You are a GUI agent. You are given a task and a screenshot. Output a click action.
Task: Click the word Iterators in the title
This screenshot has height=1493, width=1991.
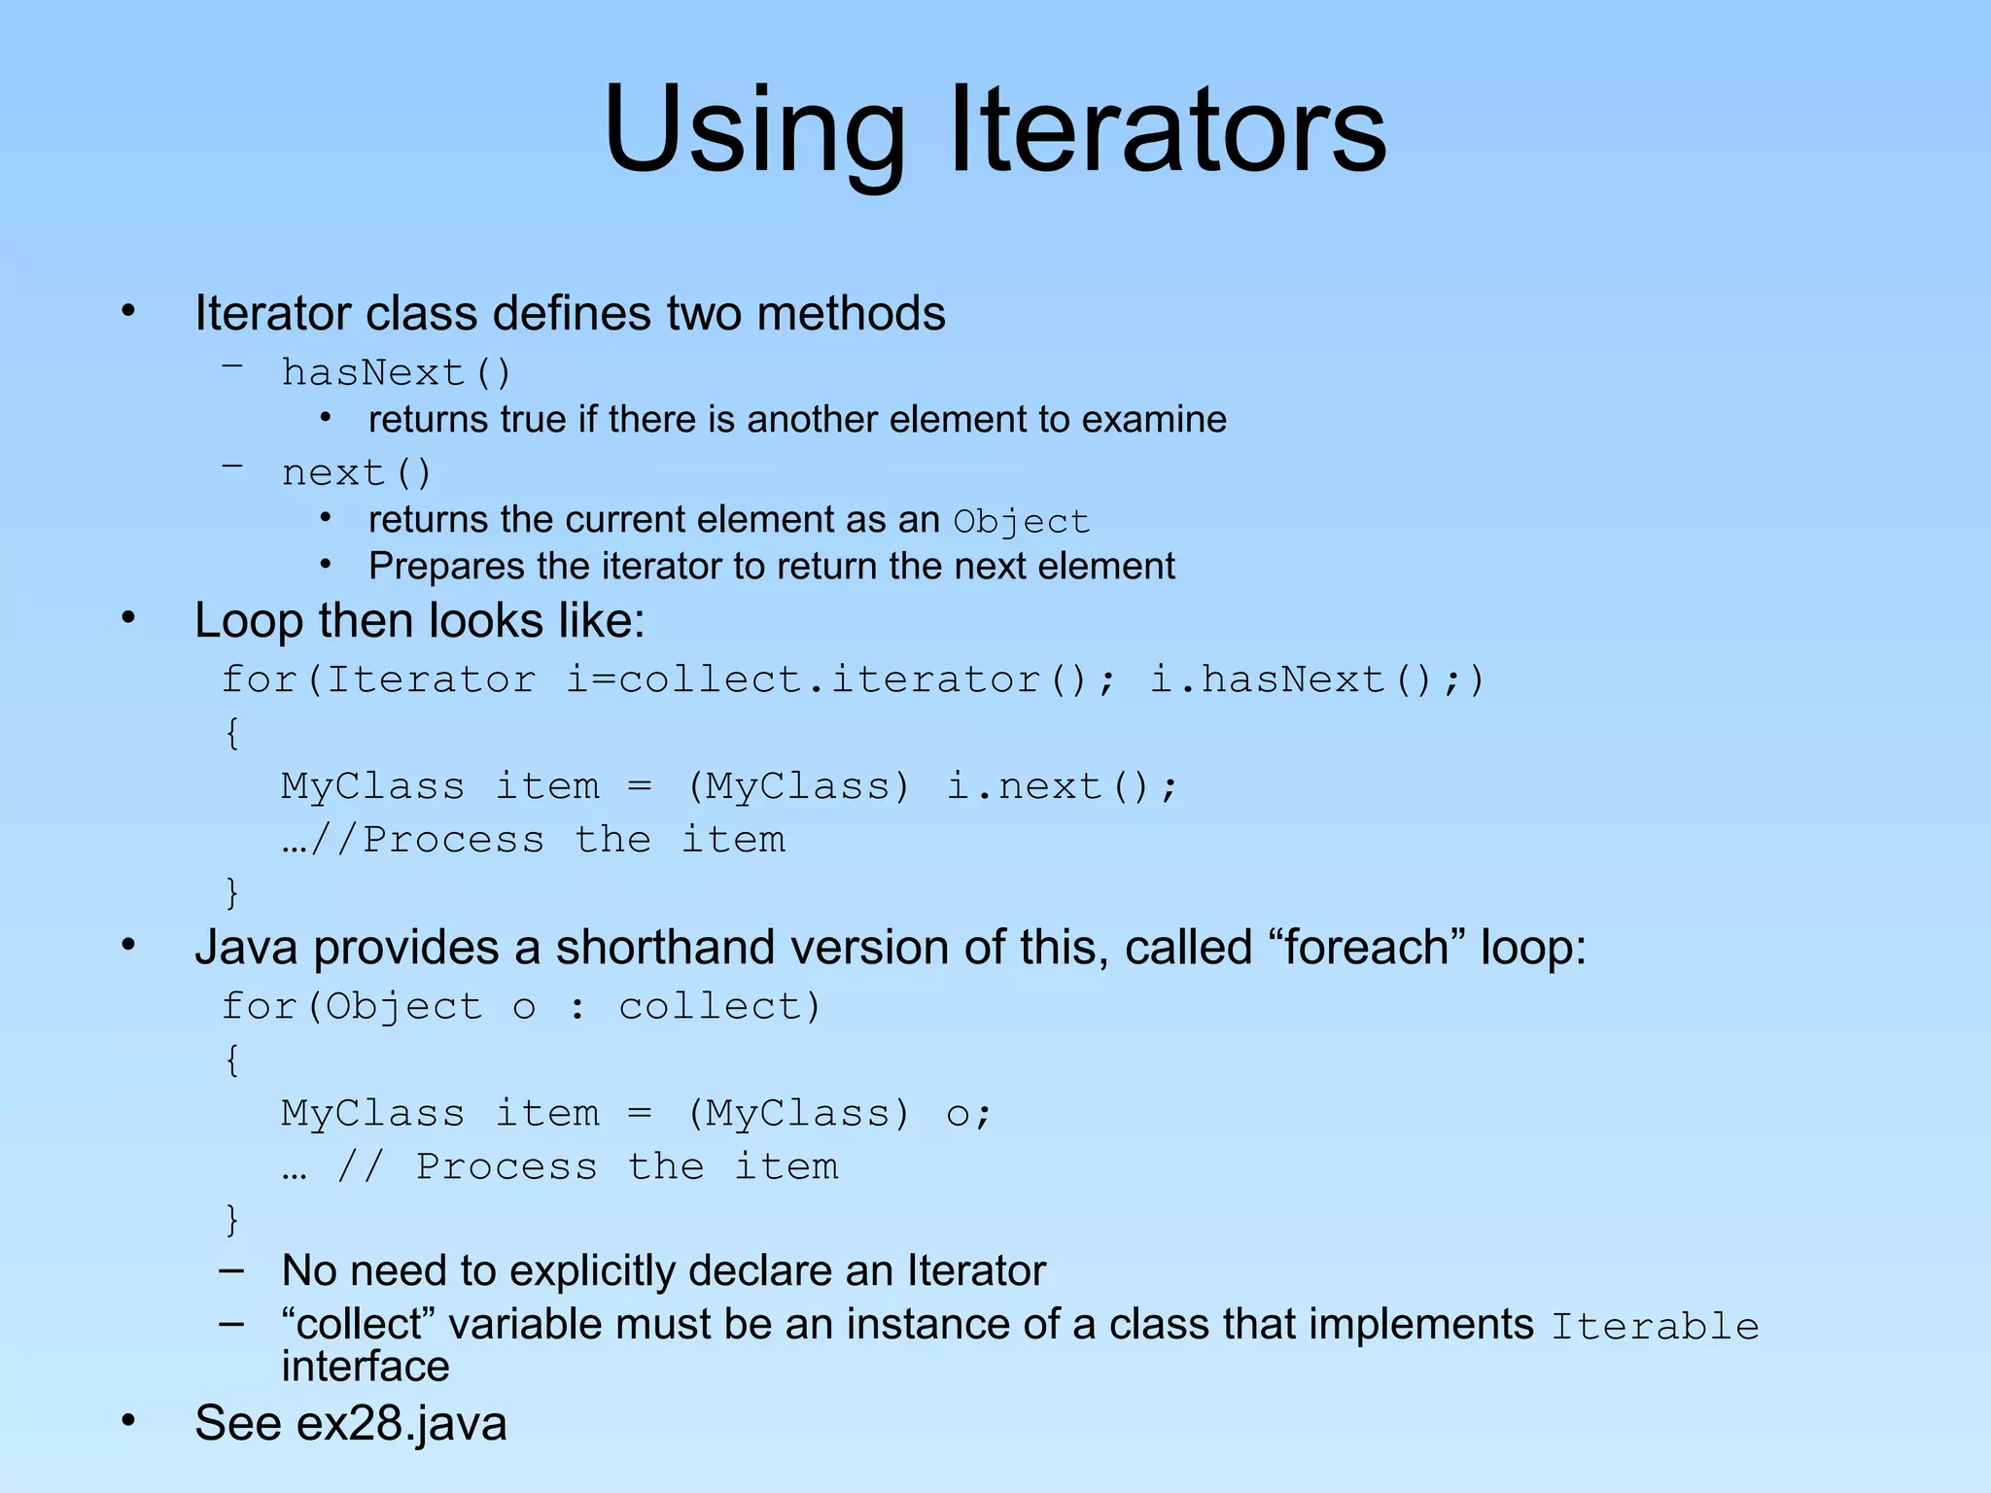(x=1167, y=129)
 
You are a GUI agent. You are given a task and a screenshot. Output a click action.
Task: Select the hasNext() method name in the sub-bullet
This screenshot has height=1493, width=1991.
(x=396, y=373)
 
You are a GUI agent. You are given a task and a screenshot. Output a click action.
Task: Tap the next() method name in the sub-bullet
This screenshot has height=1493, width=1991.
(x=356, y=473)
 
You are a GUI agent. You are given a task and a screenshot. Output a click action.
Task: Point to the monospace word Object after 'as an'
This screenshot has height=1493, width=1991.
(x=1021, y=522)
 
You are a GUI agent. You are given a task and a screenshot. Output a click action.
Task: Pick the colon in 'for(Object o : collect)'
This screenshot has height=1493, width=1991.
(x=577, y=1008)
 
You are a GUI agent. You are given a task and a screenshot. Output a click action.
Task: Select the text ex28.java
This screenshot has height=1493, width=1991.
(x=402, y=1424)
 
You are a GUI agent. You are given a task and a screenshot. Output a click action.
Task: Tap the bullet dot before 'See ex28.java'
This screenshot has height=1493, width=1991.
(x=128, y=1420)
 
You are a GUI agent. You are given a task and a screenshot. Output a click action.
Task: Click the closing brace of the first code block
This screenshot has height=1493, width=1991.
(x=231, y=892)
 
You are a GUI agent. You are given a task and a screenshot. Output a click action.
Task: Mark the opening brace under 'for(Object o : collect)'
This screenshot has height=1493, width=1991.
(x=231, y=1059)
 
